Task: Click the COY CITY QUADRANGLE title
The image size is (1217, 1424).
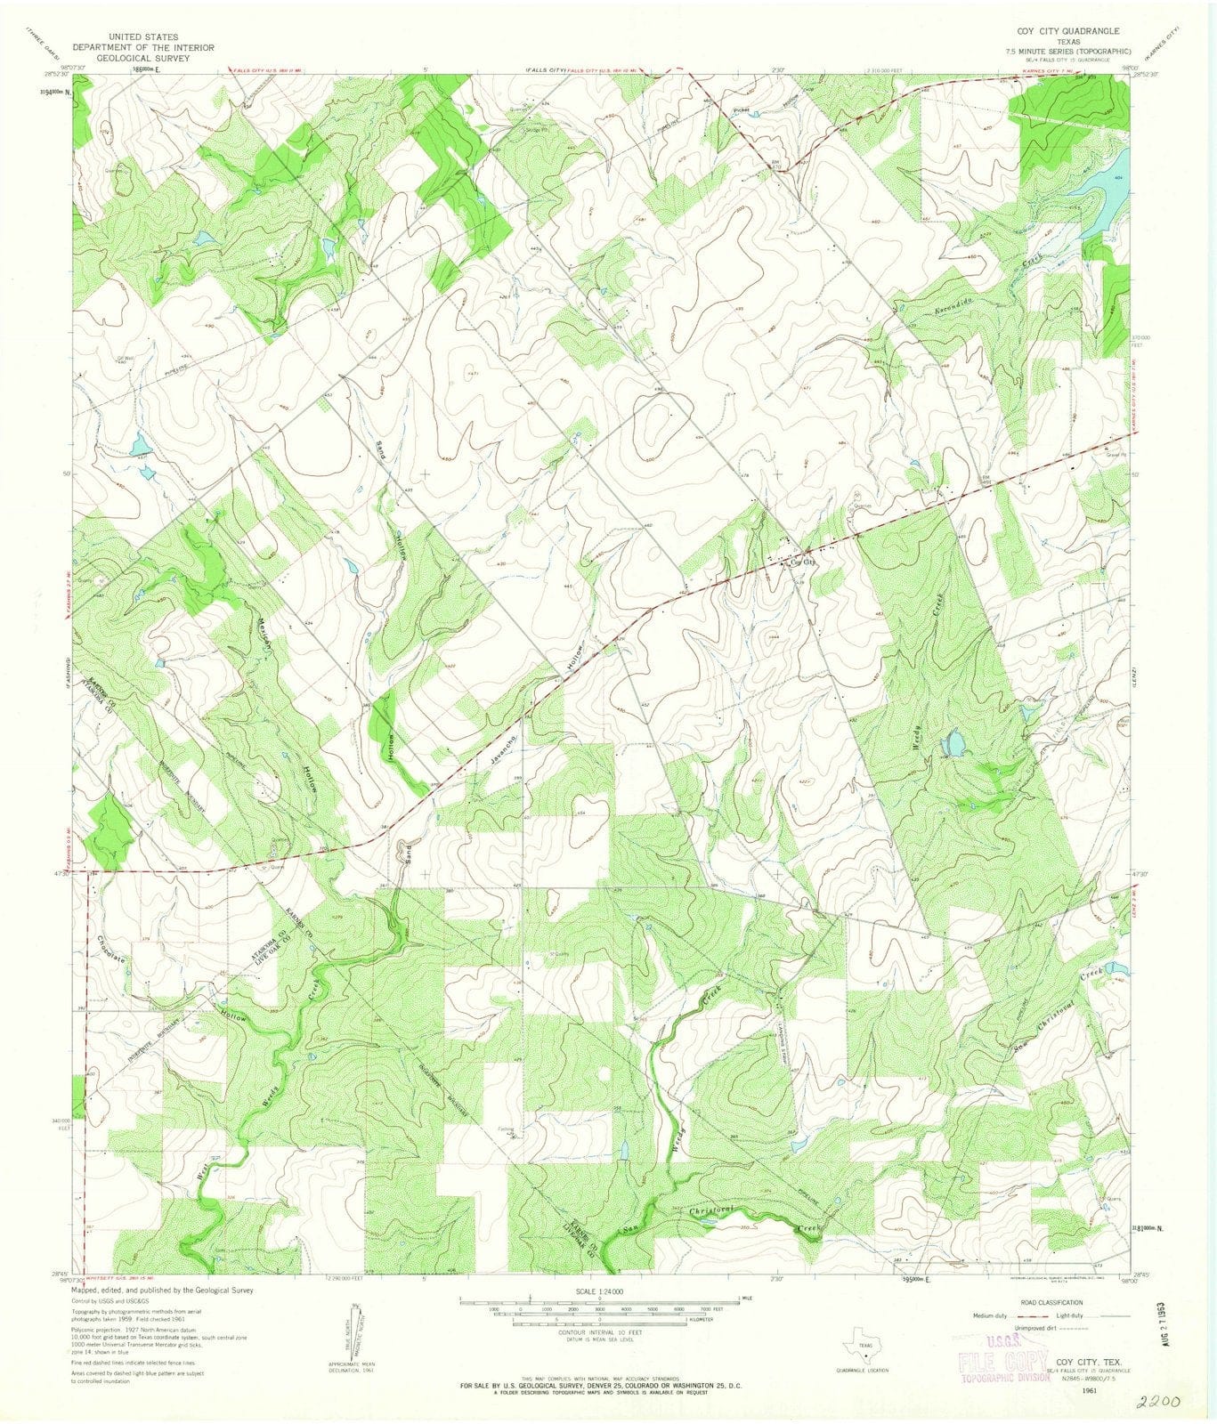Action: [x=1057, y=29]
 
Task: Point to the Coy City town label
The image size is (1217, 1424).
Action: [x=799, y=562]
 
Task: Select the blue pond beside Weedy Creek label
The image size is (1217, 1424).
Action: [x=954, y=741]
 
